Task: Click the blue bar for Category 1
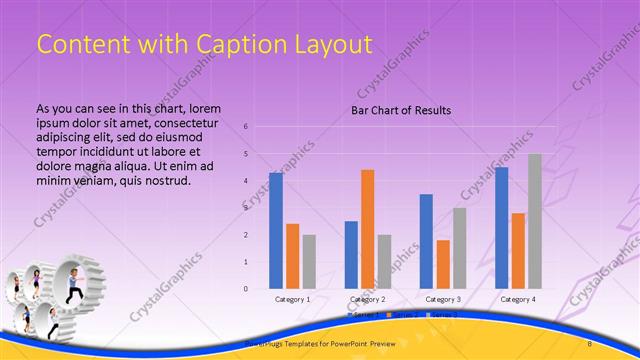[x=276, y=231]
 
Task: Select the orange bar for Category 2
[x=368, y=229]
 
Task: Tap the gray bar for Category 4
[x=535, y=221]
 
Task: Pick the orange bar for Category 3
[x=443, y=264]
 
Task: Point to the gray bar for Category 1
[x=309, y=262]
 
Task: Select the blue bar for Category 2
[x=351, y=255]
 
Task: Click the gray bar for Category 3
[x=460, y=248]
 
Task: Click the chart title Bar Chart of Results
[x=401, y=110]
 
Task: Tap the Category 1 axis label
[x=292, y=299]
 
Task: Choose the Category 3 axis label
[x=443, y=299]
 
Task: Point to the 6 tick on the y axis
[x=246, y=127]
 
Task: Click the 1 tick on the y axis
[x=246, y=262]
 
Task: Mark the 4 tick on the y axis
[x=246, y=181]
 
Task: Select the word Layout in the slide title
[x=331, y=44]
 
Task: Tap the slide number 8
[x=589, y=344]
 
